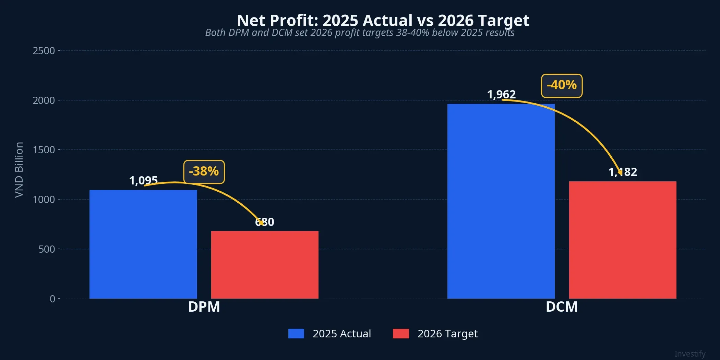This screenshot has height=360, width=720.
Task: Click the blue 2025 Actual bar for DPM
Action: pos(143,244)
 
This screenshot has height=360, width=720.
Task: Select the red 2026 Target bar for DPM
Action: pos(265,265)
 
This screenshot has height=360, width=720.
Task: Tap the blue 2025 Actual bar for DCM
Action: pos(501,201)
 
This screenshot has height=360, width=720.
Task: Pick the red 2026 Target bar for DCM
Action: pos(623,240)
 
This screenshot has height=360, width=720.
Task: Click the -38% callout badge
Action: pos(204,172)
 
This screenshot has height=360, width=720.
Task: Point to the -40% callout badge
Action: pos(562,86)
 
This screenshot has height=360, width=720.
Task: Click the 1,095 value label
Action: pos(143,180)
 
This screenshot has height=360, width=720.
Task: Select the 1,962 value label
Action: pos(501,94)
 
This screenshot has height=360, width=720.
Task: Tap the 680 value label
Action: pos(265,222)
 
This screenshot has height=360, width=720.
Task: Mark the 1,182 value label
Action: pos(623,172)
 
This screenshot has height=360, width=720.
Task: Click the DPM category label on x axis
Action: pos(204,307)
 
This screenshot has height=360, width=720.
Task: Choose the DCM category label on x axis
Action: pos(562,307)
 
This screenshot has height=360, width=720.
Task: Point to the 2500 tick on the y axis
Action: pos(44,51)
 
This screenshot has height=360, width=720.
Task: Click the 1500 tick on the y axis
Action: pos(44,150)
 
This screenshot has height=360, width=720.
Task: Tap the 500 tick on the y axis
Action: pos(47,249)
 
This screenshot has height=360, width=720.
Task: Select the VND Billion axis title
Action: pos(19,170)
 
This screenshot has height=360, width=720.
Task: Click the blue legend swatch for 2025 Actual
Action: pos(296,334)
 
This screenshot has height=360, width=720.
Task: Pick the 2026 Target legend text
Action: pos(447,334)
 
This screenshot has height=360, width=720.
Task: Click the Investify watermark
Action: pos(690,353)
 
